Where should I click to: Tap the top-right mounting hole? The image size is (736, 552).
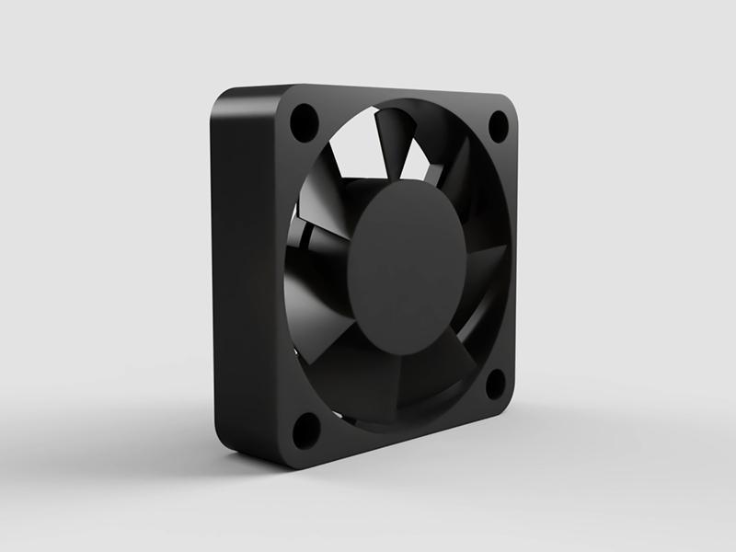pos(498,125)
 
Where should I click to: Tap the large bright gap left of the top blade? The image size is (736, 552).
pos(354,147)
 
